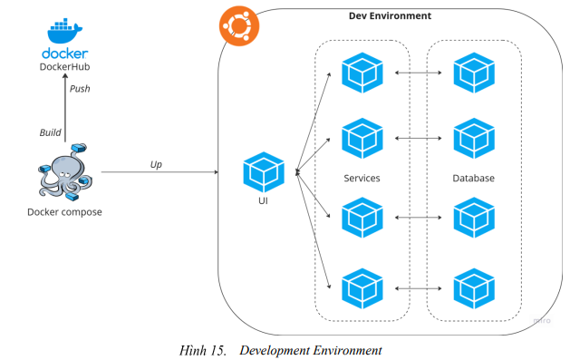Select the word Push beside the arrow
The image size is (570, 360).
(81, 89)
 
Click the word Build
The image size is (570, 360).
(50, 132)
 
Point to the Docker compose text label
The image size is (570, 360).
(65, 212)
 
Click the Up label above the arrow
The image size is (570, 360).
(156, 164)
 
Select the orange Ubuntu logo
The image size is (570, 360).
(235, 28)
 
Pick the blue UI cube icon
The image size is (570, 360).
(264, 173)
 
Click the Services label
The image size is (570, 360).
(362, 179)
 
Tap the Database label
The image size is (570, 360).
(474, 179)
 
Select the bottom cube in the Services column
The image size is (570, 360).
(362, 287)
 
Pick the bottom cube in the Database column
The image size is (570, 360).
(474, 287)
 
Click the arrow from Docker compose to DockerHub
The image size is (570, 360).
(65, 109)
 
